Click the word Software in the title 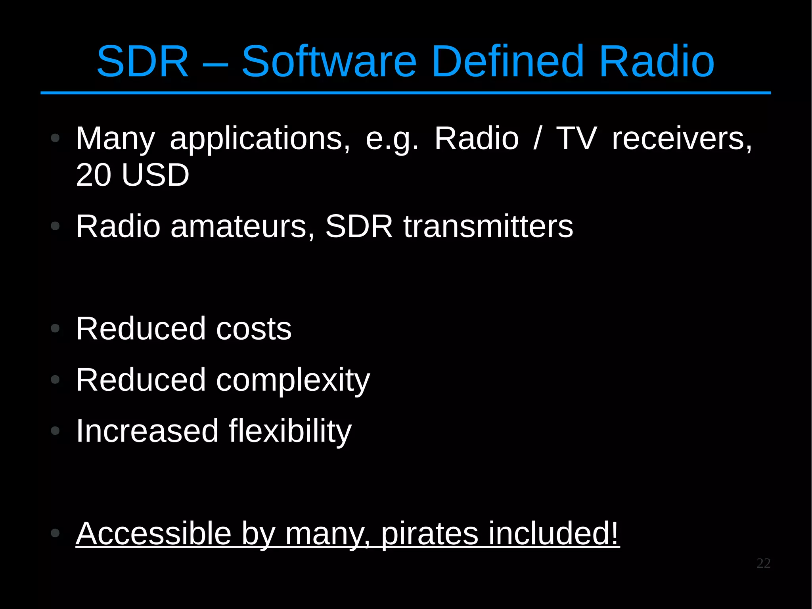(x=329, y=61)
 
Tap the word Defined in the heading (x=508, y=61)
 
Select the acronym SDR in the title (x=143, y=61)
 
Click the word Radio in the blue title (x=657, y=61)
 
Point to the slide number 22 (x=763, y=563)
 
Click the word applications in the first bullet (x=260, y=139)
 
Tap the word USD (x=155, y=175)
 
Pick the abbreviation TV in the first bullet (x=576, y=138)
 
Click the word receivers (x=682, y=139)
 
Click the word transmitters (x=488, y=226)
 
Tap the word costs (x=254, y=329)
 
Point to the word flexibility (x=290, y=431)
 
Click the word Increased (x=147, y=431)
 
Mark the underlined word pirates (x=430, y=534)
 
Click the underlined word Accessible (x=154, y=534)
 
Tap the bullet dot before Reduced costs (x=55, y=328)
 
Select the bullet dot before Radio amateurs (x=55, y=226)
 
